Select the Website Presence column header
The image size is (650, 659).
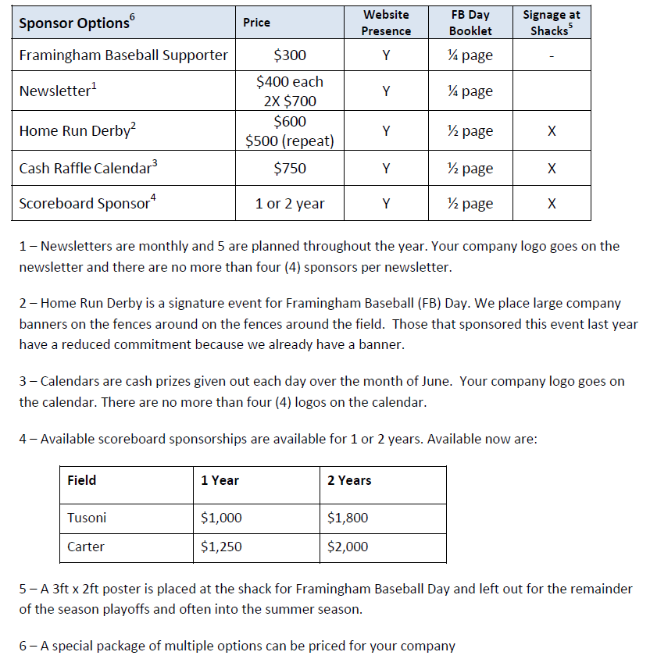[x=386, y=23]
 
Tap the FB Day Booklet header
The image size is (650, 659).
[x=470, y=23]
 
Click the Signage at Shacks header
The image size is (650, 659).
[x=551, y=23]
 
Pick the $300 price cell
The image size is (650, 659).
[x=290, y=55]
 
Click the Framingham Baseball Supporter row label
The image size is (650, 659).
[x=123, y=55]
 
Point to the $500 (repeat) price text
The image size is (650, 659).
[x=290, y=141]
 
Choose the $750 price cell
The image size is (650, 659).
[x=290, y=168]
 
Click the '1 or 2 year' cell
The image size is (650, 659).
[x=290, y=204]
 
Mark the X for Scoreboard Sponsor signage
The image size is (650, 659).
[x=552, y=204]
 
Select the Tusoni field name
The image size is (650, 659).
[x=87, y=518]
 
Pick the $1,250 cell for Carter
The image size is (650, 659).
[x=221, y=547]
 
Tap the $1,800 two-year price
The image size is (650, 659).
[x=348, y=518]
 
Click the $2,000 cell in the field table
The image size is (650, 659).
[x=348, y=547]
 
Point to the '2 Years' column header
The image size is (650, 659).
[x=349, y=480]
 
